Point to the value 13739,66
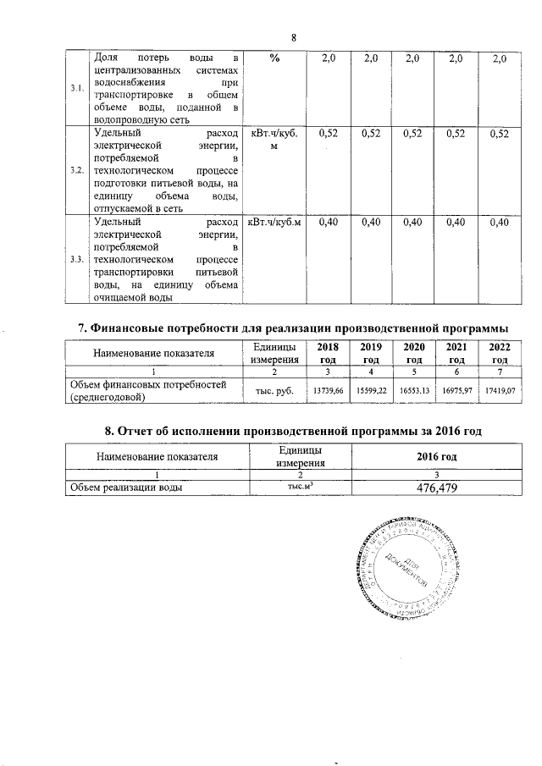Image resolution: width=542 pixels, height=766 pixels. point(328,390)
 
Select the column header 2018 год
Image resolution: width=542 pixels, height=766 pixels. point(328,353)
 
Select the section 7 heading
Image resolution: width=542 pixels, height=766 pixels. point(293,327)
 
